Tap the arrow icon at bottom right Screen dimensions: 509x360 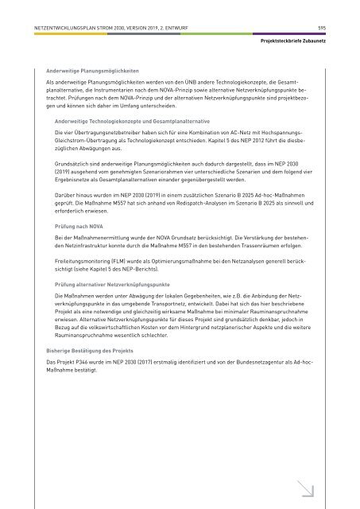point(305,472)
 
